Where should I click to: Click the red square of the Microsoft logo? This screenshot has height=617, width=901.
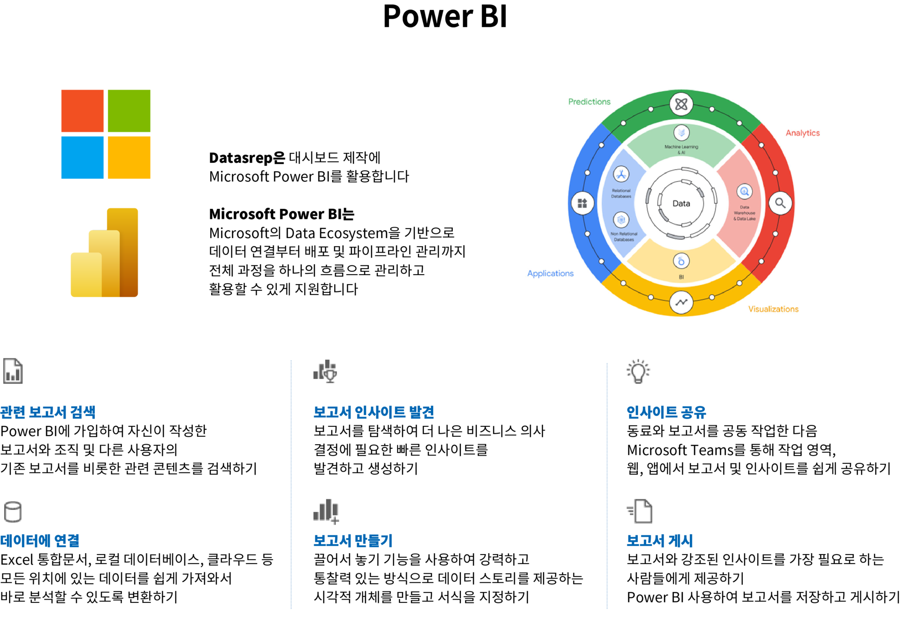(83, 111)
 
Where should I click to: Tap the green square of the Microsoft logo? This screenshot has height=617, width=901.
(129, 111)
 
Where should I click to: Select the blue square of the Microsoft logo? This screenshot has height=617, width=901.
(83, 157)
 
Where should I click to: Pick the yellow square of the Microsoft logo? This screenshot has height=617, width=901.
(129, 157)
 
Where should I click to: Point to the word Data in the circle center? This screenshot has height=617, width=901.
(681, 203)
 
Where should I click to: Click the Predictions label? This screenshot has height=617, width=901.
(589, 101)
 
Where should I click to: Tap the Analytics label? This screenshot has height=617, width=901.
(802, 133)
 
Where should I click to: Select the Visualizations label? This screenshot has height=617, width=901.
(773, 309)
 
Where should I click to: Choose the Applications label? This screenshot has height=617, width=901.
(550, 273)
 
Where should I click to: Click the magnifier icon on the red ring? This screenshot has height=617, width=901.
(780, 203)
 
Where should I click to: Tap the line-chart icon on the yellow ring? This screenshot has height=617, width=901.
(681, 302)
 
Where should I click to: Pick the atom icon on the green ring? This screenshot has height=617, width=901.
(681, 104)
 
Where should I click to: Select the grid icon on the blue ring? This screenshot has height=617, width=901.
(582, 203)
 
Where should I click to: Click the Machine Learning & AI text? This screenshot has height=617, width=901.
(681, 149)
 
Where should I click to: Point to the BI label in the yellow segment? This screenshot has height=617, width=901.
(681, 277)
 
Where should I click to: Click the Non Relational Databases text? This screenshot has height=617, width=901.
(624, 237)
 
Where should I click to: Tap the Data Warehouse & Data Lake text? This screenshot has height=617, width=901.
(745, 213)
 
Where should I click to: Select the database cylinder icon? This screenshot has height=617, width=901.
(13, 512)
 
